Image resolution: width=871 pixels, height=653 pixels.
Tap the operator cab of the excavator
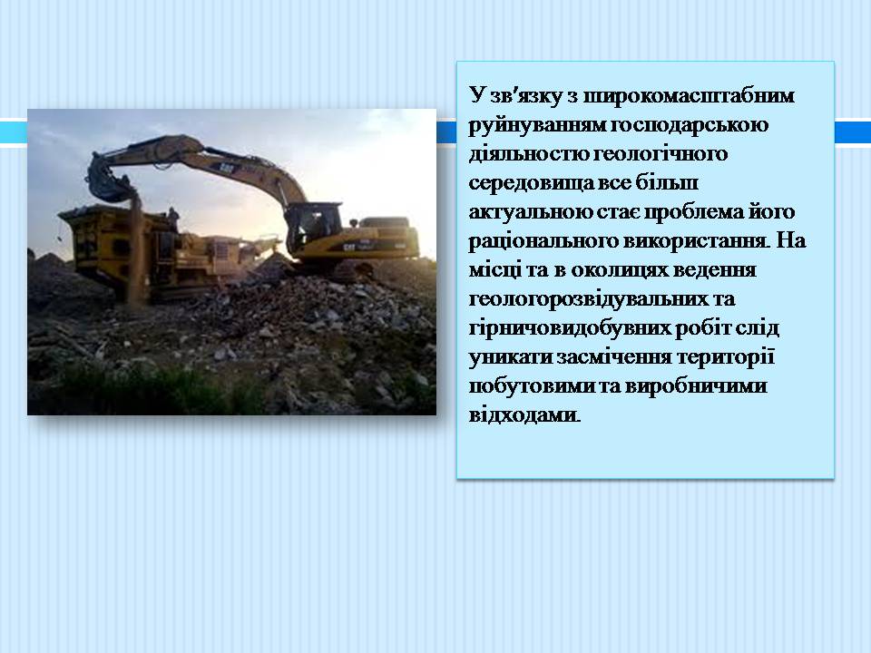pos(314,225)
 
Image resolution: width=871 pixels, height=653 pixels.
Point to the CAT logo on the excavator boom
pos(226,167)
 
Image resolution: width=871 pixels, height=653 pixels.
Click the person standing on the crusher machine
pos(174,219)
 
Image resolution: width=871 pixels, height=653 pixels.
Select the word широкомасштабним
pos(689,95)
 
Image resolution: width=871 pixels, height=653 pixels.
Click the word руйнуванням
pos(537,125)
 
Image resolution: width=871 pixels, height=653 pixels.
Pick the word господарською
pos(690,125)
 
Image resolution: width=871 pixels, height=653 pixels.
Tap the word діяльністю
pos(529,153)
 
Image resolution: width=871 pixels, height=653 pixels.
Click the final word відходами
pos(524,415)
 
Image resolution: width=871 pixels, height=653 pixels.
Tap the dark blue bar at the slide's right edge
pos(853,132)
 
